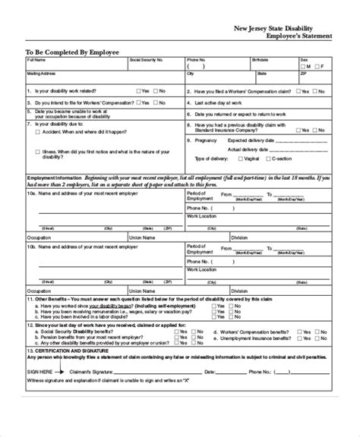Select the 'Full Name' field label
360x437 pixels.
click(36, 59)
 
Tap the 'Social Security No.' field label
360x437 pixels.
click(147, 59)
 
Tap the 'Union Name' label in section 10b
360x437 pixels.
click(142, 237)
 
